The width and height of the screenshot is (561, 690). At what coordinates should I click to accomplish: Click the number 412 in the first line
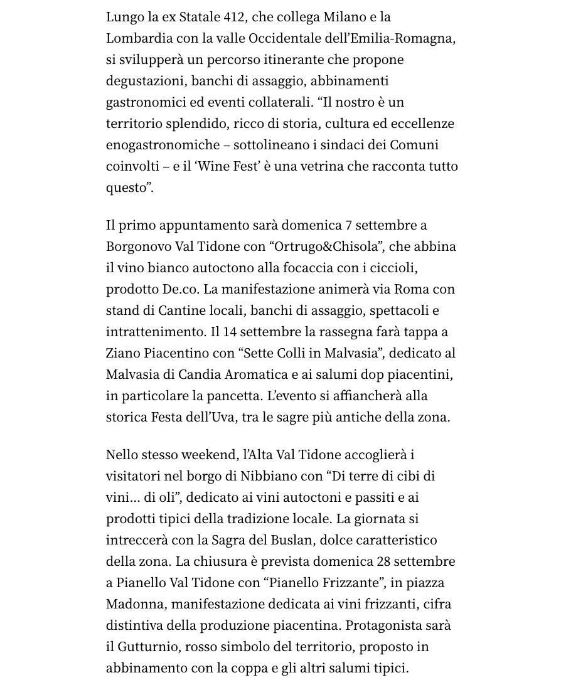pyautogui.click(x=235, y=17)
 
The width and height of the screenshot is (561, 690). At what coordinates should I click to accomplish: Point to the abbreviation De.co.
pyautogui.click(x=180, y=289)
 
